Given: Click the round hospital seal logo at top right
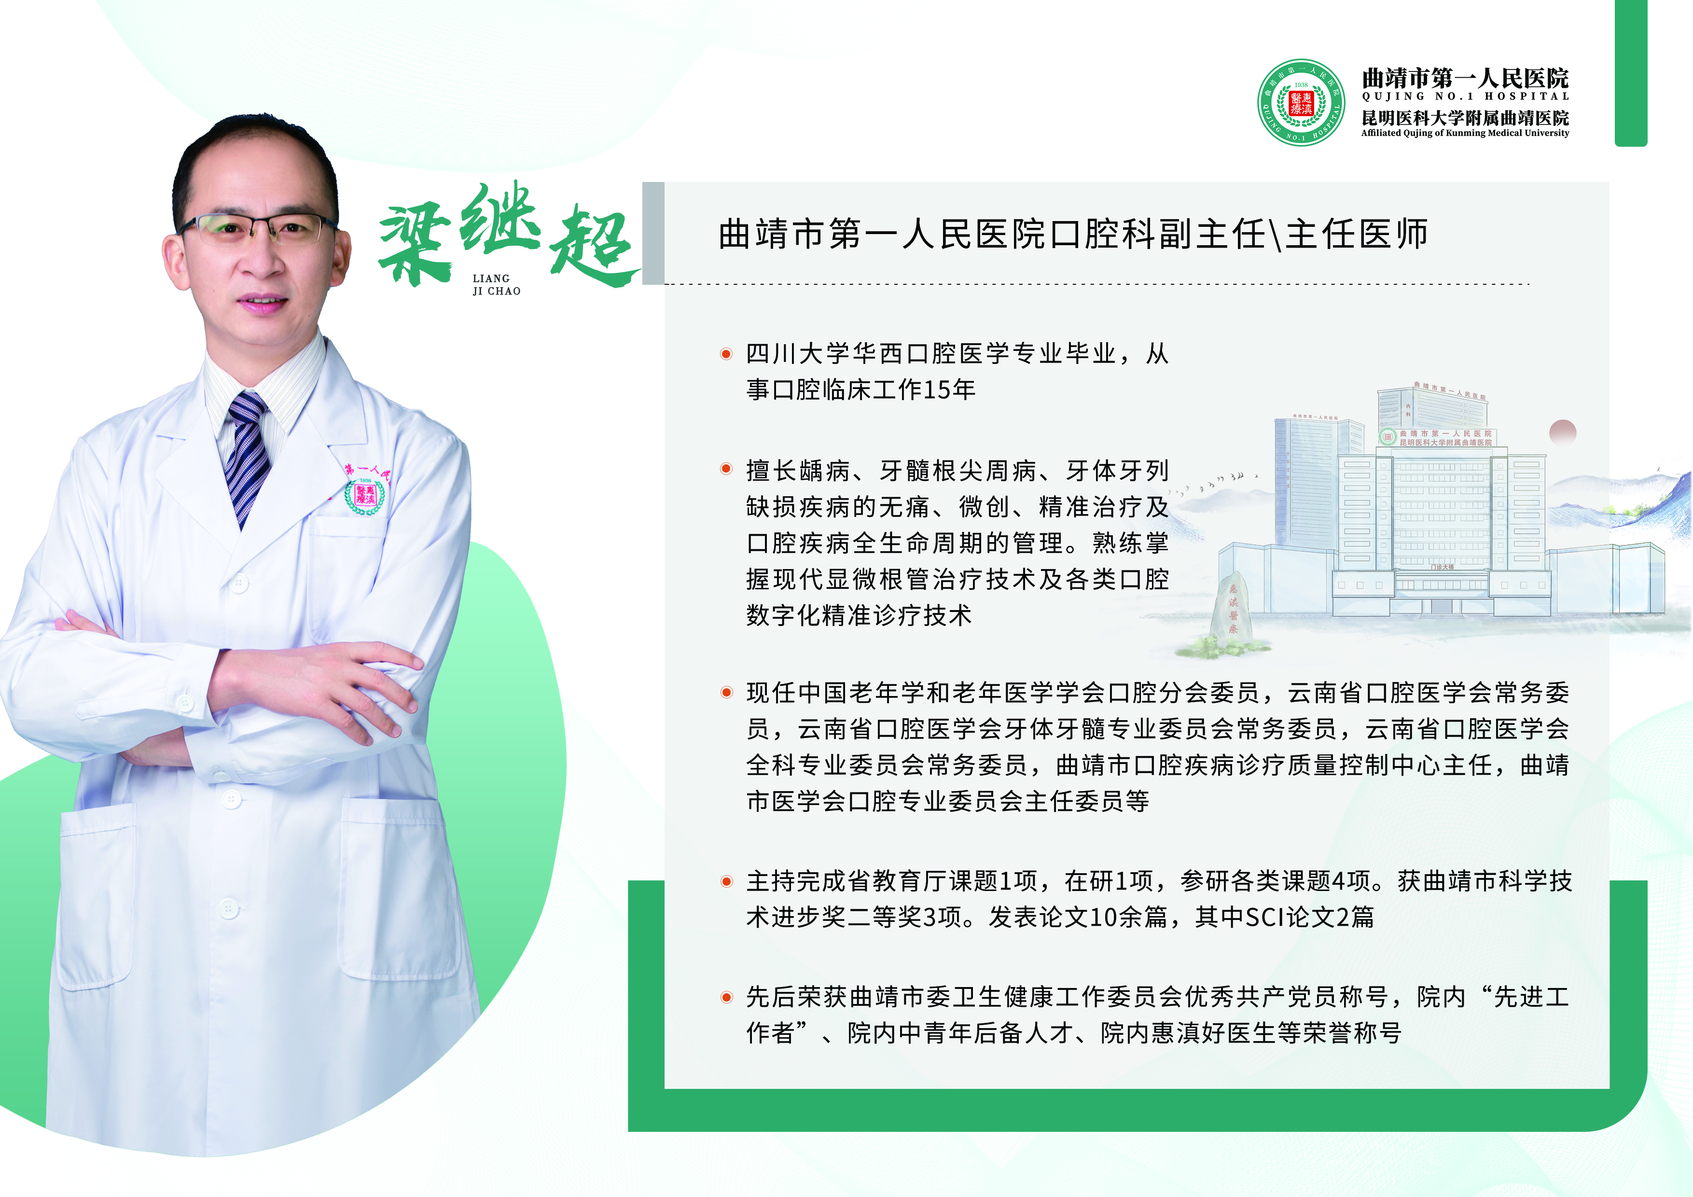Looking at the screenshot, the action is tap(1301, 102).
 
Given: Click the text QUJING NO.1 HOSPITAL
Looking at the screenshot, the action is tap(1465, 97).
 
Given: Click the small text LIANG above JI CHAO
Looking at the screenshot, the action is tap(491, 279).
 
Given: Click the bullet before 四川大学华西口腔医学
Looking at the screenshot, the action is tap(726, 354).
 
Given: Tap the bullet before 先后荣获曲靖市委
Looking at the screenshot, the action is tap(726, 997).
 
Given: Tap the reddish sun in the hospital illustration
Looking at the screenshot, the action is tap(1563, 432).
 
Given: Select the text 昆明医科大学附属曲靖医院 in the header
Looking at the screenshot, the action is tap(1465, 118).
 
